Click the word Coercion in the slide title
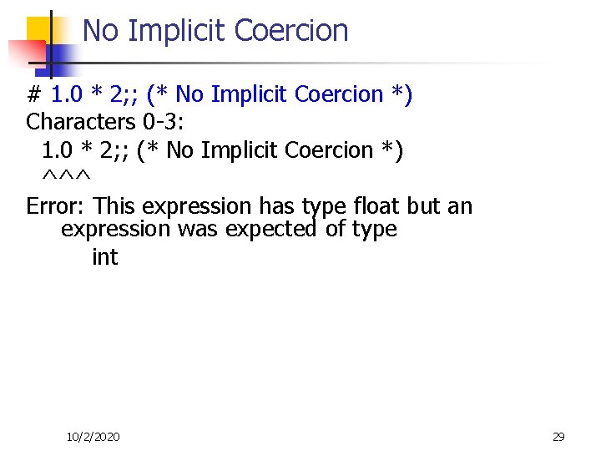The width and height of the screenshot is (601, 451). (291, 31)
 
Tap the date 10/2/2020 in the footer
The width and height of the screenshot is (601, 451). (93, 437)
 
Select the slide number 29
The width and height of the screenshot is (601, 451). (558, 437)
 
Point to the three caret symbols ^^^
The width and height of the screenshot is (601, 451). (66, 177)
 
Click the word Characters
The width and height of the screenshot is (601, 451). (75, 122)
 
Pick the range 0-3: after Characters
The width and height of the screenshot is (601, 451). (162, 122)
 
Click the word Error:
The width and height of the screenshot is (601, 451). (57, 205)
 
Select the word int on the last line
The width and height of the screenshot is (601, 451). (104, 257)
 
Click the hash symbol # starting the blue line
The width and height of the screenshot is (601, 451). (34, 94)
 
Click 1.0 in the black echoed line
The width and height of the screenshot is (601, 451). (57, 150)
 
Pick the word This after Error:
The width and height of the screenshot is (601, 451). (118, 205)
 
